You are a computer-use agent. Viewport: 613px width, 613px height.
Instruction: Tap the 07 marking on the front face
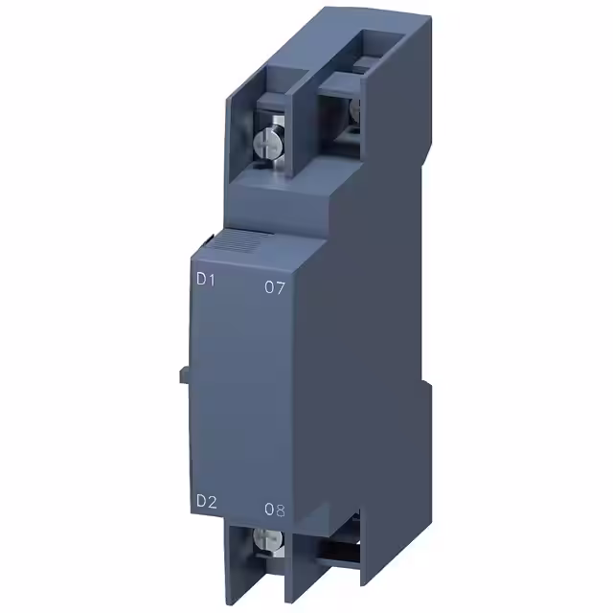point(274,288)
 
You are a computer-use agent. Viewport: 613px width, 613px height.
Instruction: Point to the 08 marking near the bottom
point(275,510)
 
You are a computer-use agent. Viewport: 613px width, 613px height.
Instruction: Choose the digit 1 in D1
point(209,282)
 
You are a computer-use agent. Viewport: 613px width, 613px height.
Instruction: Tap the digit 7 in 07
point(281,288)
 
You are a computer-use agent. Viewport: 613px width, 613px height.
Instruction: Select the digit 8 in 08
point(282,511)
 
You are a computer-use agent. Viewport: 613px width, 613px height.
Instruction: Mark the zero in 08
point(268,510)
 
